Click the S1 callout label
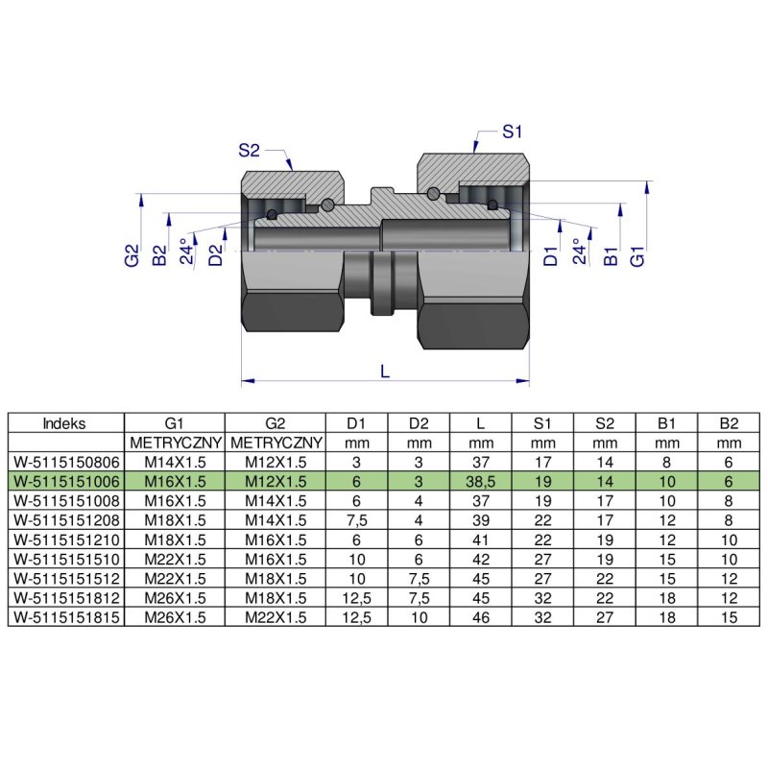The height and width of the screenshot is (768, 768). tap(513, 132)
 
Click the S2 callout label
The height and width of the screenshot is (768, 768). tap(250, 150)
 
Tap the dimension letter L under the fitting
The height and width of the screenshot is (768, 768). tap(385, 372)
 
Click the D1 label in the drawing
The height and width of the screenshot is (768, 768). tap(549, 255)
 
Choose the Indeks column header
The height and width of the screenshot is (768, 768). tap(65, 422)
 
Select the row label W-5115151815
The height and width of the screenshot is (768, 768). tap(65, 618)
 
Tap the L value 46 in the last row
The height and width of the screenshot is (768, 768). tap(481, 618)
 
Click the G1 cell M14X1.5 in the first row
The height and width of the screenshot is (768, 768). tap(175, 462)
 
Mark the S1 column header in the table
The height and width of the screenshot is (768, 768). tap(542, 422)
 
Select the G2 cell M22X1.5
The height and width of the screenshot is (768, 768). tap(275, 618)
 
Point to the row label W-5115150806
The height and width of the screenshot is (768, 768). tap(65, 462)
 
